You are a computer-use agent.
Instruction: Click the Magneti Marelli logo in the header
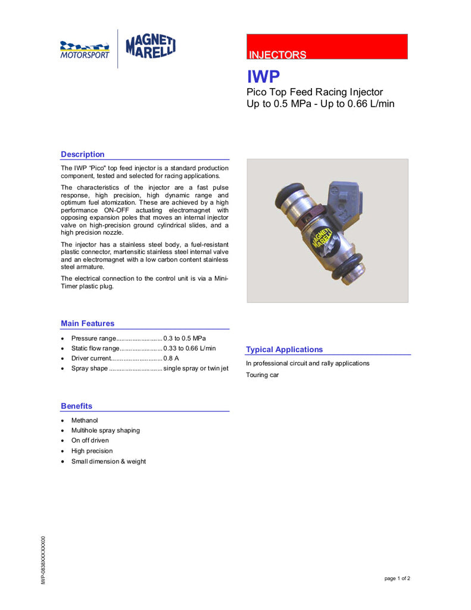[151, 48]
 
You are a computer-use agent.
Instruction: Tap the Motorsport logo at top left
[85, 49]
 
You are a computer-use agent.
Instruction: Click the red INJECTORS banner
[327, 46]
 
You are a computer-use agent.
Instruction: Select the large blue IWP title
[263, 77]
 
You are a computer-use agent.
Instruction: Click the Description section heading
[82, 154]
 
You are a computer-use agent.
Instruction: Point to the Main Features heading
[88, 323]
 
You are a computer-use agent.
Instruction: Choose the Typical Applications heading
[284, 350]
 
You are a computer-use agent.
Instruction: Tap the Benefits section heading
[76, 406]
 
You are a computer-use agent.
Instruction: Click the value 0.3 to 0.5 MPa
[185, 338]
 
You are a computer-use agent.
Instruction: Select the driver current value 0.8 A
[171, 359]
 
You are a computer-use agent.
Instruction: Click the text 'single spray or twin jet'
[196, 369]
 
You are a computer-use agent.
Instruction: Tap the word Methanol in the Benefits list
[85, 421]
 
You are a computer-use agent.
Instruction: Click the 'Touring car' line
[262, 375]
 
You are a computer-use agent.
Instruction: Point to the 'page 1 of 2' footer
[397, 578]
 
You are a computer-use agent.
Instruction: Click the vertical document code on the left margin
[43, 560]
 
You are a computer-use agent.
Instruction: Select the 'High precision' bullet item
[92, 452]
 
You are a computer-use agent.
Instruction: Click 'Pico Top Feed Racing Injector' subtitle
[314, 92]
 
